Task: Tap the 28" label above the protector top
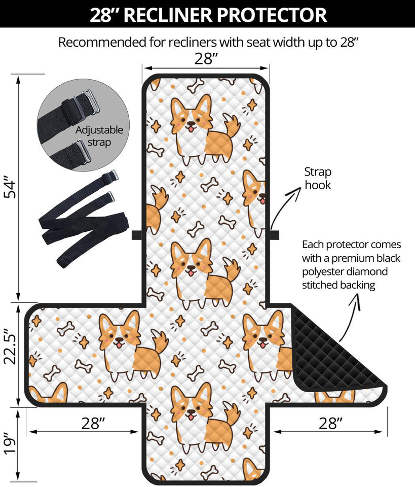206,59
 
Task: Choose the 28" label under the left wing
92,424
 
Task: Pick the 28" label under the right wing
331,424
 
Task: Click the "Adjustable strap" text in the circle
99,136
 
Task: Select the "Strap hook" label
317,178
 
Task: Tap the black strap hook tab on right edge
274,235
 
